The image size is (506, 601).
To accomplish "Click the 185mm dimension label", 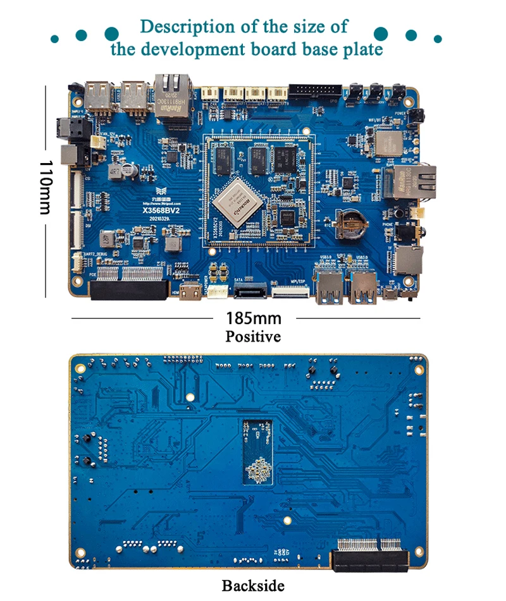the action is point(253,318).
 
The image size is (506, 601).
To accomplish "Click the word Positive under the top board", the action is point(253,336).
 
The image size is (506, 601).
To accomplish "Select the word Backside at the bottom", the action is point(253,586).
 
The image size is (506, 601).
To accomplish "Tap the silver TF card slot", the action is point(409,260).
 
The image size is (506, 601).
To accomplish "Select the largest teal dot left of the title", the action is point(111,33).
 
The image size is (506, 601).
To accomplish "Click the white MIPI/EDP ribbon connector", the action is point(290,293).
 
